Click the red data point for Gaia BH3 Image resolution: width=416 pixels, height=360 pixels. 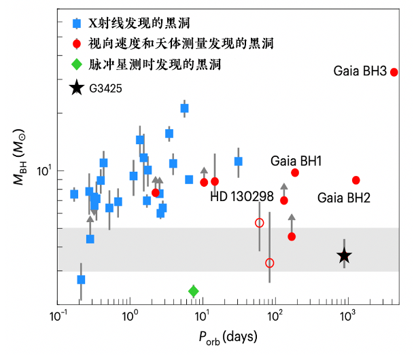pyautogui.click(x=394, y=72)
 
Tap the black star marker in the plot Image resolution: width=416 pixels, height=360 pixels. pyautogui.click(x=345, y=255)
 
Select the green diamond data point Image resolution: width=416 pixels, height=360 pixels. pyautogui.click(x=194, y=291)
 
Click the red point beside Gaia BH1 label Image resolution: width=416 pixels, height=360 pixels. pyautogui.click(x=295, y=173)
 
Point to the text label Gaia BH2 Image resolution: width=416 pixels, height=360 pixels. pyautogui.click(x=344, y=198)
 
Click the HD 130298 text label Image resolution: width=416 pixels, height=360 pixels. pyautogui.click(x=241, y=196)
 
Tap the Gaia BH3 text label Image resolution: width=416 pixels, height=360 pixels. pyautogui.click(x=361, y=71)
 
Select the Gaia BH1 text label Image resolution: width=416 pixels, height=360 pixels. pyautogui.click(x=296, y=161)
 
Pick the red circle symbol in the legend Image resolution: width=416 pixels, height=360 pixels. pyautogui.click(x=77, y=44)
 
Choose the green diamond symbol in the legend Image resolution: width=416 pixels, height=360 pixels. pyautogui.click(x=77, y=65)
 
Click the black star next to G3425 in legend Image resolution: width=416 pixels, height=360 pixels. pyautogui.click(x=77, y=88)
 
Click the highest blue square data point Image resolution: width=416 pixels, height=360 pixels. pyautogui.click(x=184, y=109)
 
